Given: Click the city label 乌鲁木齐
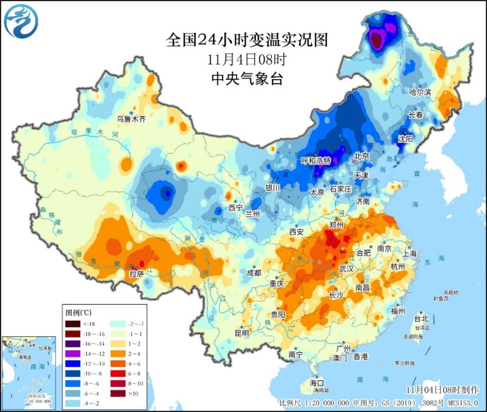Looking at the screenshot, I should coord(130,118).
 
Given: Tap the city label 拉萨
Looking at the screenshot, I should coord(137,273).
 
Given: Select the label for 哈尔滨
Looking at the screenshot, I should coord(420,93).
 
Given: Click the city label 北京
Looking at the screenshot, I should coord(362,156).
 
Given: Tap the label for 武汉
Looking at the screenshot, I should coord(346,269).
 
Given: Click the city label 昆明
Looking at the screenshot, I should coord(241,333).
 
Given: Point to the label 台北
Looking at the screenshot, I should coord(421,319).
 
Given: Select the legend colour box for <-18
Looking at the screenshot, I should coord(73,324).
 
